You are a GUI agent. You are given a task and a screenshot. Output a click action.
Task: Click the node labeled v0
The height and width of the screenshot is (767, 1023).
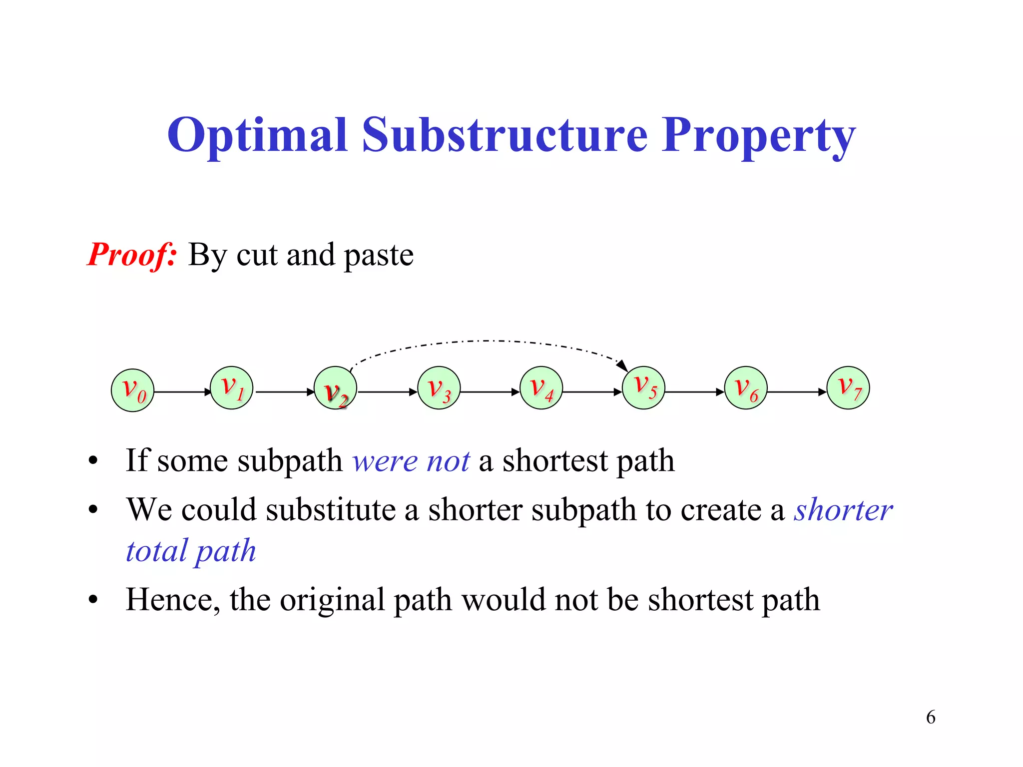[x=132, y=390]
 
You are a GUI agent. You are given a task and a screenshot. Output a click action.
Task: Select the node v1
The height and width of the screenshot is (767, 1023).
[x=232, y=388]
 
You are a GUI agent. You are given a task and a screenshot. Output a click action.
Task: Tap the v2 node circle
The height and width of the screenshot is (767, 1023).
[x=335, y=388]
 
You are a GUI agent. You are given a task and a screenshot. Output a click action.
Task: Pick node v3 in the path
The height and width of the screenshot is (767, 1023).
[x=439, y=388]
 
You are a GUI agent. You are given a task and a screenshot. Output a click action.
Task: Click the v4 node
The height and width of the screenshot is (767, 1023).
[x=541, y=388]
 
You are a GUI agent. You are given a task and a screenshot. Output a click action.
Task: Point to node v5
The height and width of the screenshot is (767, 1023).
[x=644, y=388]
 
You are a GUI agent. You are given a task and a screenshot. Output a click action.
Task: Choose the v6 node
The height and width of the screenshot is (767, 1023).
[x=746, y=388]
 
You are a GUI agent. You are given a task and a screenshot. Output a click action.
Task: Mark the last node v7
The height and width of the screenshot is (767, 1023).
[x=848, y=388]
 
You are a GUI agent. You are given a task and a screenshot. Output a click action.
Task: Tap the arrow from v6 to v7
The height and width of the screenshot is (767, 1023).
[x=797, y=392]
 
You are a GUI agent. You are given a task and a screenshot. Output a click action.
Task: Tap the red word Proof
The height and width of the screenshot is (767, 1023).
[x=131, y=255]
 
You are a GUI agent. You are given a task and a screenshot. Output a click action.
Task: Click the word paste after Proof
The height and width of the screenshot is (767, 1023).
[x=379, y=255]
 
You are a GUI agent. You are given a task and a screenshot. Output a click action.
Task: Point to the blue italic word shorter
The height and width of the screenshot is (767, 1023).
[x=843, y=510]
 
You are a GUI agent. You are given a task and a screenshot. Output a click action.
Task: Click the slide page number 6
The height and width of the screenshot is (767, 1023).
[x=931, y=717]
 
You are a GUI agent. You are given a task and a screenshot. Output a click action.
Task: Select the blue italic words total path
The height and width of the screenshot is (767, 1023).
[x=191, y=551]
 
